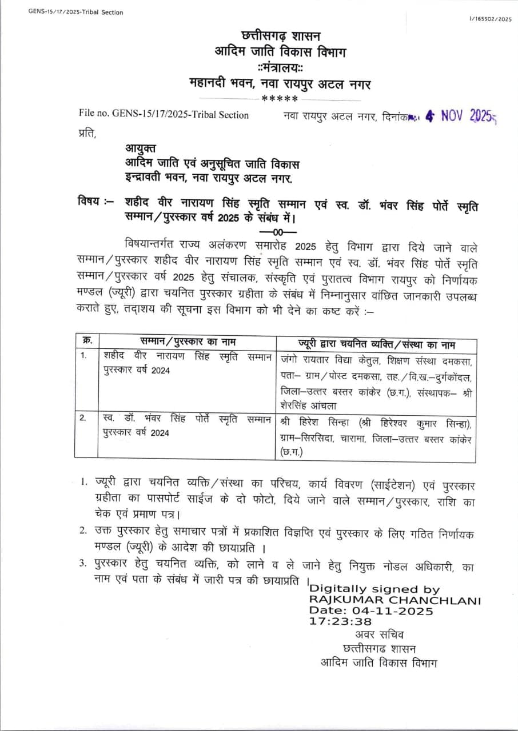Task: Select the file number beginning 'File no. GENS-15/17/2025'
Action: pyautogui.click(x=164, y=115)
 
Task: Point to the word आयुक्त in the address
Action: pyautogui.click(x=140, y=150)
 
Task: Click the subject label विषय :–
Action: pyautogui.click(x=95, y=202)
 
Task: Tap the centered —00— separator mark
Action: pyautogui.click(x=278, y=232)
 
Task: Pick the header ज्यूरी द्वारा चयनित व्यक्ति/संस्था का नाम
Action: pyautogui.click(x=376, y=344)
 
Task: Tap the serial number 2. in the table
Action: pyautogui.click(x=83, y=417)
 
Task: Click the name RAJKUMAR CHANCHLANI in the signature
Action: pyautogui.click(x=395, y=600)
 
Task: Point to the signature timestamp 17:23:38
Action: pyautogui.click(x=341, y=621)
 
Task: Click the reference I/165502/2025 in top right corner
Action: pyautogui.click(x=490, y=19)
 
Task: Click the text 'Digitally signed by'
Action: pyautogui.click(x=374, y=589)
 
